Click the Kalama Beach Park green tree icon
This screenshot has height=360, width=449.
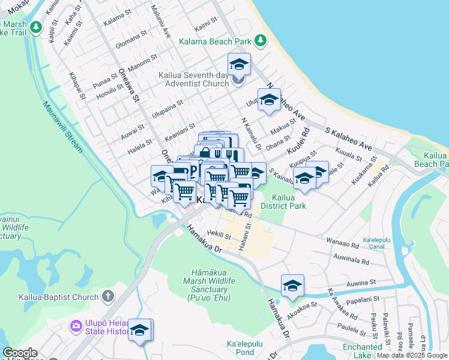tap(260, 40)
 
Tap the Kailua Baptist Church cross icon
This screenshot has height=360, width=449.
tap(107, 296)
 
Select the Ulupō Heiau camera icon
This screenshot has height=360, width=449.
tap(76, 326)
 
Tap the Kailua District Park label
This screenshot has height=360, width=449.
tap(289, 202)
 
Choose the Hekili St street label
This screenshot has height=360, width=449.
tap(218, 236)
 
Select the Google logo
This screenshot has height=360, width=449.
tap(20, 353)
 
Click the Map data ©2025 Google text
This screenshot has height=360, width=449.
tap(412, 355)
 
